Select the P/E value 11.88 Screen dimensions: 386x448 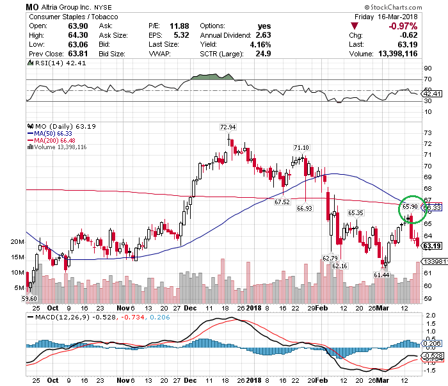pos(189,26)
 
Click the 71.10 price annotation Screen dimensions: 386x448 pos(301,148)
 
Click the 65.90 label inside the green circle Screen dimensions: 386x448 pos(410,207)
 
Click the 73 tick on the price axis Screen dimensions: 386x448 pos(428,133)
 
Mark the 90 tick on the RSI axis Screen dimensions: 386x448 pos(427,68)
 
